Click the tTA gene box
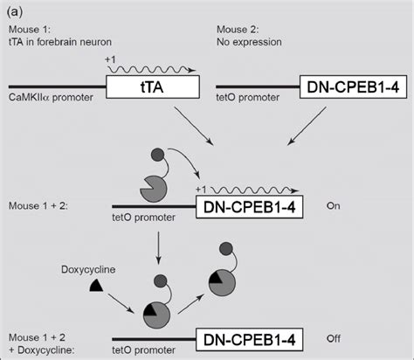pos(151,87)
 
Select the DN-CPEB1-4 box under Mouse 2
pos(348,88)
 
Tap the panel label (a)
pos(16,10)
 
